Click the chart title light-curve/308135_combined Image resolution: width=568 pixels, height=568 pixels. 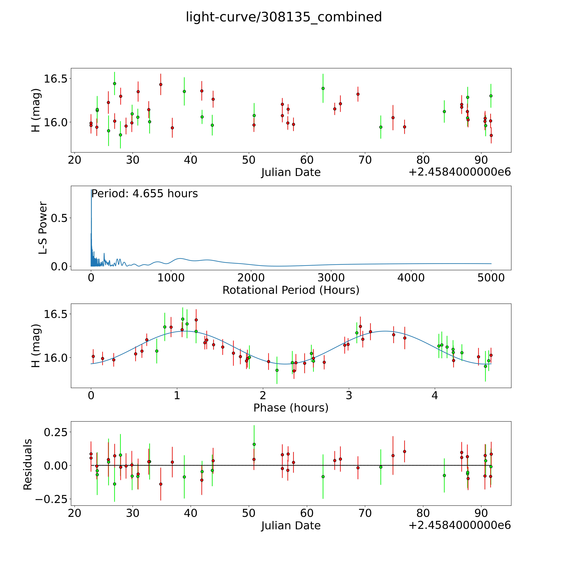pos(284,17)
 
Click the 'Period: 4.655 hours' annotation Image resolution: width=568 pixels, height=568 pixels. pos(144,194)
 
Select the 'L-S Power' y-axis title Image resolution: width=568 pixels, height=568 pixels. pos(43,228)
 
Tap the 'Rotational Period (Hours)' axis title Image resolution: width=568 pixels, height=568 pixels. pos(291,290)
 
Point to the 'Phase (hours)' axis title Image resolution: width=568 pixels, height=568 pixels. pos(291,408)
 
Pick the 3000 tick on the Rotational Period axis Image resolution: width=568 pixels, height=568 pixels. pos(331,278)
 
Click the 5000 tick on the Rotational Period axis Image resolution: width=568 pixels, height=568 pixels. pos(491,278)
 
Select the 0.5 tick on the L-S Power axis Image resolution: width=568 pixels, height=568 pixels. pos(59,218)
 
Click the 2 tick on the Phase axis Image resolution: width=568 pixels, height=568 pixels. pos(263,395)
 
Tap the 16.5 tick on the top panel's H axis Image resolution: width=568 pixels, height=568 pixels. pos(55,79)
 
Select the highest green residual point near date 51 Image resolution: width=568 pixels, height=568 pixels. pos(254,444)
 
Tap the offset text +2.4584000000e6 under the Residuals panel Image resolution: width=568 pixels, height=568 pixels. pos(460,525)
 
